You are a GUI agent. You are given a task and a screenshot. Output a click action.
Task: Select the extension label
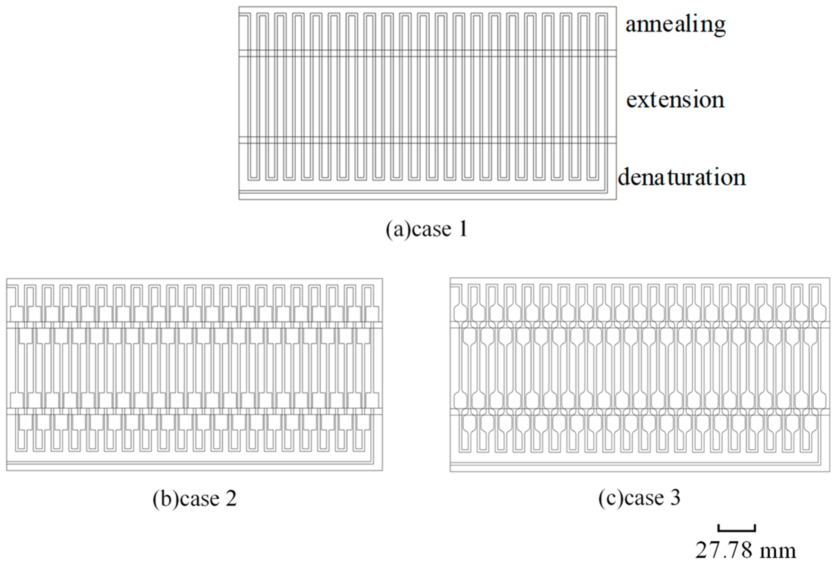675,100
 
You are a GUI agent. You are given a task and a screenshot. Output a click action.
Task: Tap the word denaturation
681,177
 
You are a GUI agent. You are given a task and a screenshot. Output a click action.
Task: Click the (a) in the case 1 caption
398,229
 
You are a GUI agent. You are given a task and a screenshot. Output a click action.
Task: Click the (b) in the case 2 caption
166,499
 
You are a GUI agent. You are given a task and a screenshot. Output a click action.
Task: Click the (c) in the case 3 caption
611,498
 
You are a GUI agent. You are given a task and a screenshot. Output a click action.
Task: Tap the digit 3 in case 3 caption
675,498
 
